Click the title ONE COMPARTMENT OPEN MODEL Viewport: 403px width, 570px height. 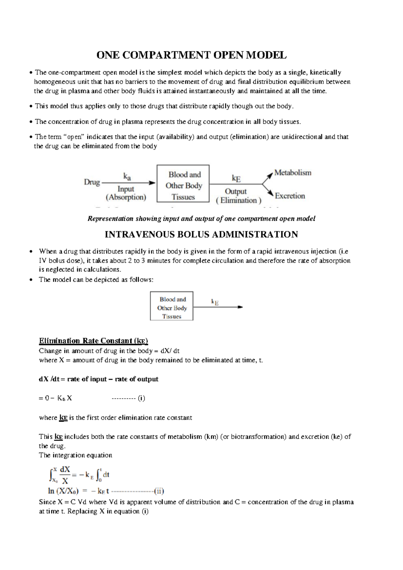(191, 55)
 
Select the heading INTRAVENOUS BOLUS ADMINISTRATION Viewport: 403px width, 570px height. (201, 234)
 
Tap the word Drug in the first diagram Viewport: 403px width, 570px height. (92, 182)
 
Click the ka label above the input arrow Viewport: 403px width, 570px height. (127, 176)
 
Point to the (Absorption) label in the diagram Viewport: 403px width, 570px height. (126, 197)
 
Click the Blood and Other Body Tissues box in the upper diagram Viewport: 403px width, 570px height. (183, 184)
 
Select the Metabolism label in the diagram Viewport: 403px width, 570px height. (293, 173)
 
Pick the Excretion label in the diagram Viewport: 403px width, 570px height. (290, 196)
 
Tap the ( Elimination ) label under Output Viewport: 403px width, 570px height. (238, 200)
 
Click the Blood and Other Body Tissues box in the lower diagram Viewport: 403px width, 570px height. (172, 306)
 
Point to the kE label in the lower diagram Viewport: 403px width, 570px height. (215, 302)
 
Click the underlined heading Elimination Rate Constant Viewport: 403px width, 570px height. (93, 341)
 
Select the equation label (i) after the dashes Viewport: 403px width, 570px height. (141, 398)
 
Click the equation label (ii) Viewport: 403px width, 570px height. (159, 491)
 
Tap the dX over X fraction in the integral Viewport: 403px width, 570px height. (65, 475)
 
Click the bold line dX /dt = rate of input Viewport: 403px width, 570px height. (98, 379)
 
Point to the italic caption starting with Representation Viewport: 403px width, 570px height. (201, 219)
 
